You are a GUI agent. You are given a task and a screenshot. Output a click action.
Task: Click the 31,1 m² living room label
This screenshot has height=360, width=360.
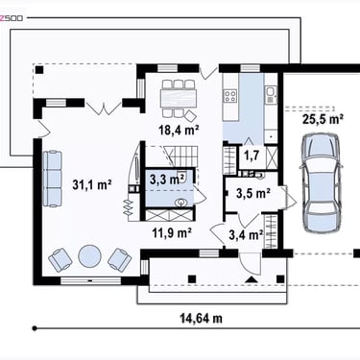(92, 184)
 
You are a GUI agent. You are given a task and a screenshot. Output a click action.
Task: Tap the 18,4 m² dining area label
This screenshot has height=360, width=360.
(179, 130)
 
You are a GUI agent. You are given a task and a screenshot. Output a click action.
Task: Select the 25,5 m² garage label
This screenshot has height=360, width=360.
(324, 119)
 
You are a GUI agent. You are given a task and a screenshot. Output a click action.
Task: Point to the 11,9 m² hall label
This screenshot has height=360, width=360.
(172, 232)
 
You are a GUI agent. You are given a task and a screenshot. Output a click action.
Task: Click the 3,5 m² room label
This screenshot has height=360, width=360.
(253, 193)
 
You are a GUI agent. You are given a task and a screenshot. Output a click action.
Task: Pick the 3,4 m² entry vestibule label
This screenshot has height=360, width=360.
(247, 235)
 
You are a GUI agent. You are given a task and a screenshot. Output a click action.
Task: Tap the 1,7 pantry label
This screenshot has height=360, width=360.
(252, 156)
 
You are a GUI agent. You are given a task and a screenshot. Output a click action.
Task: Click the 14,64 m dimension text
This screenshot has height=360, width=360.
(201, 319)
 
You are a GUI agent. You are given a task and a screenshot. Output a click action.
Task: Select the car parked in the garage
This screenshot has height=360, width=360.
(322, 183)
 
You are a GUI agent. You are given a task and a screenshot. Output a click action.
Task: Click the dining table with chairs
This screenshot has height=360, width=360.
(179, 99)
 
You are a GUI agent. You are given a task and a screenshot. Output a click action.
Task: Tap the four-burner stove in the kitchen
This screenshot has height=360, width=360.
(230, 95)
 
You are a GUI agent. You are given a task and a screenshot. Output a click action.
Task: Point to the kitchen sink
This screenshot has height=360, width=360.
(271, 95)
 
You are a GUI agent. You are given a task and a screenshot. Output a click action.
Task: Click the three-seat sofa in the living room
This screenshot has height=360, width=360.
(52, 179)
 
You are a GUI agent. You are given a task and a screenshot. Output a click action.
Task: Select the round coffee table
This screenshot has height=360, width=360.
(90, 256)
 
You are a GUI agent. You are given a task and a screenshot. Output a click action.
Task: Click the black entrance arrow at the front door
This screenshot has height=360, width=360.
(252, 279)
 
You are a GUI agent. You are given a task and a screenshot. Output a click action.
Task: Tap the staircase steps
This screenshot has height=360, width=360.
(181, 156)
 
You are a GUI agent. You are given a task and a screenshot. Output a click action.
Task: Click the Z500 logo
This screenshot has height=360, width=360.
(12, 18)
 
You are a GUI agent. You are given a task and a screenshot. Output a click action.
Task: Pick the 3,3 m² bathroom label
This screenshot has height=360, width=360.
(165, 180)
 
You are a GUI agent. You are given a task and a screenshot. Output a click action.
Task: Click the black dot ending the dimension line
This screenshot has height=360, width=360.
(35, 328)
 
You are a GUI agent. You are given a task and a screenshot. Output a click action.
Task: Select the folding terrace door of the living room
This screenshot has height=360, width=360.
(103, 108)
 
